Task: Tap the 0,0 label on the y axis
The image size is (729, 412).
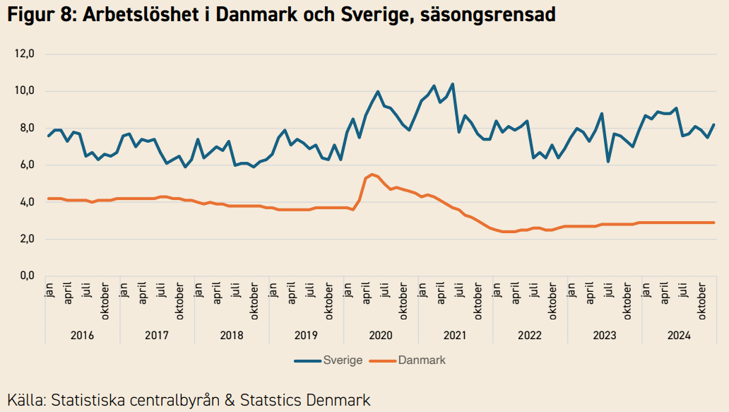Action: tap(26, 276)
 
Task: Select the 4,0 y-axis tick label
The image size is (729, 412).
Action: tap(26, 202)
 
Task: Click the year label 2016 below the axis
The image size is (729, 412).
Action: tap(82, 335)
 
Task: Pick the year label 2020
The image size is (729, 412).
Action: tap(381, 335)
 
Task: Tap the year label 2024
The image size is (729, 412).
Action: tap(679, 335)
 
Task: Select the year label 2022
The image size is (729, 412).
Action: tap(530, 335)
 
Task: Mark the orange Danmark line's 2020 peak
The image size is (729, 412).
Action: tap(372, 175)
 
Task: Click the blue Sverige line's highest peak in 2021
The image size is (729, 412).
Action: tap(452, 84)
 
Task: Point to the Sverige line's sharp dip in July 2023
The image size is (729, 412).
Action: tap(608, 162)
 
